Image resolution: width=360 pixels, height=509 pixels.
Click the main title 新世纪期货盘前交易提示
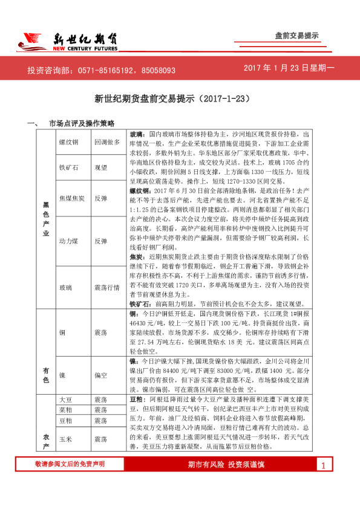click(179, 99)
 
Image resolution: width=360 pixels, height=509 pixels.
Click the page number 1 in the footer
click(324, 482)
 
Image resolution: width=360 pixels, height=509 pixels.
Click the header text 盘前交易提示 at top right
click(296, 36)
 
